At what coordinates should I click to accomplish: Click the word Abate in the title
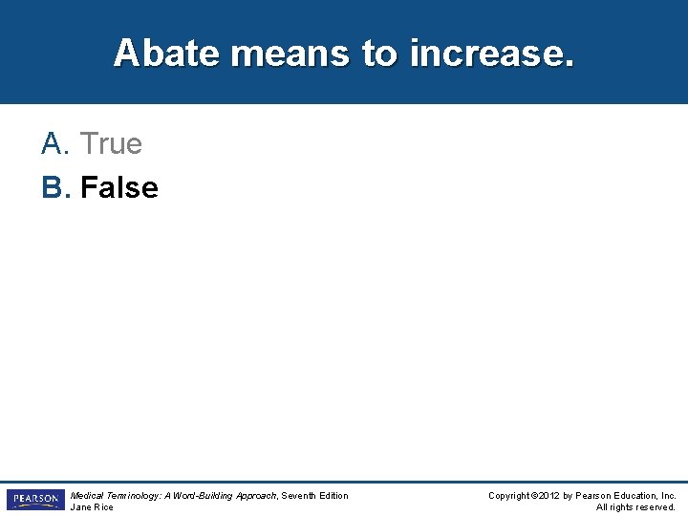click(166, 53)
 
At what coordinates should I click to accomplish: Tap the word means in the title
click(290, 53)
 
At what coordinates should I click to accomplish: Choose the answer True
click(111, 144)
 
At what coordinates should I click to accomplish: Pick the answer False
click(119, 188)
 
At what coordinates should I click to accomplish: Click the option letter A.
click(53, 144)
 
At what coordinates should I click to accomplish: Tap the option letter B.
click(54, 188)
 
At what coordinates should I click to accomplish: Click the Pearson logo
click(34, 500)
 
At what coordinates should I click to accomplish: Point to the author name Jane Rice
click(92, 507)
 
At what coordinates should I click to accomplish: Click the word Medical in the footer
click(88, 495)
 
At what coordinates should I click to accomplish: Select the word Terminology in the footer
click(135, 495)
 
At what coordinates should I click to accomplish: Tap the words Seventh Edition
click(315, 495)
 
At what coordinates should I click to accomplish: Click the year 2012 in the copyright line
click(550, 495)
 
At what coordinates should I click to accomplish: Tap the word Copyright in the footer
click(510, 495)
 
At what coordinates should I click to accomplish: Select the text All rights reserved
click(635, 507)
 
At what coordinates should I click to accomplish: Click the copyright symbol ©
click(535, 495)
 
